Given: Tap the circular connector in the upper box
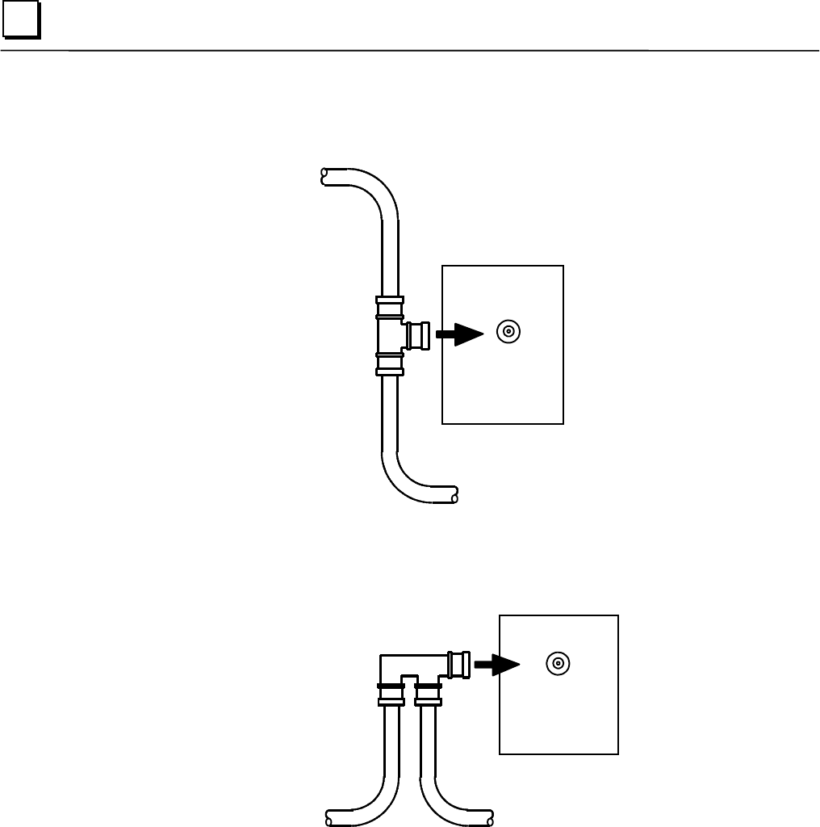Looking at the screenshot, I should pyautogui.click(x=508, y=331).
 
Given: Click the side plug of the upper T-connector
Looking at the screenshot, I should pyautogui.click(x=418, y=334).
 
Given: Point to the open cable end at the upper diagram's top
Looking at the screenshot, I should pyautogui.click(x=324, y=174).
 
